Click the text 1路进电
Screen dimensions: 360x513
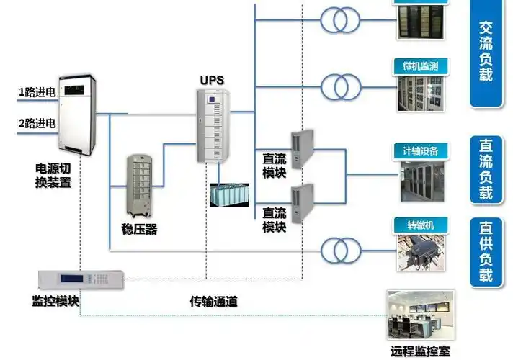(x=37, y=91)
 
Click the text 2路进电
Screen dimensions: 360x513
(x=37, y=123)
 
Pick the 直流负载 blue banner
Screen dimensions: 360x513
(x=486, y=168)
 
